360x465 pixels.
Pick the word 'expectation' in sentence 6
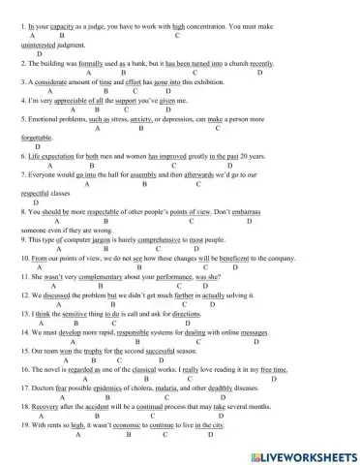(x=56, y=156)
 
